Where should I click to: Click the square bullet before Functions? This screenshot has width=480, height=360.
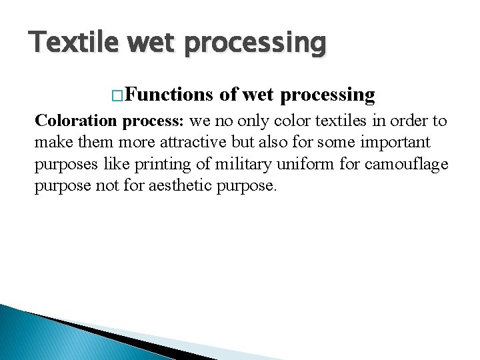click(x=118, y=95)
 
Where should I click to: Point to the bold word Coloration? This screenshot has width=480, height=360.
click(x=77, y=121)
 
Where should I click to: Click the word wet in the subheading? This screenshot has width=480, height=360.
click(x=257, y=95)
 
